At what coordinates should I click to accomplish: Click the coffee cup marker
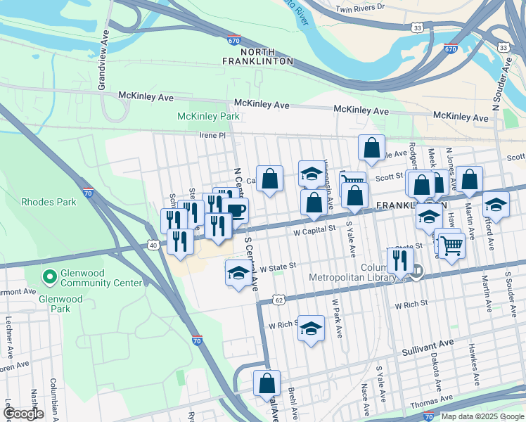(x=236, y=210)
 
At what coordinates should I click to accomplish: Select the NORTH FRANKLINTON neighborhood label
(x=267, y=57)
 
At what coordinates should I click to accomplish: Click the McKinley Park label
(x=208, y=116)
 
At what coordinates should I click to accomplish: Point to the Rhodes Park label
(x=48, y=202)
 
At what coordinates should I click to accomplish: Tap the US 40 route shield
(x=153, y=245)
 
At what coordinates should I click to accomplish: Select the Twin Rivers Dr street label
(x=361, y=8)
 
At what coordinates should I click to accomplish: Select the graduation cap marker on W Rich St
(x=311, y=328)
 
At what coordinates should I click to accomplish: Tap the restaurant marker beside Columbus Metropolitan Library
(x=399, y=260)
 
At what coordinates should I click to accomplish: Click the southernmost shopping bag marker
(x=267, y=383)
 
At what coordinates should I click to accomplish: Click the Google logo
(x=23, y=414)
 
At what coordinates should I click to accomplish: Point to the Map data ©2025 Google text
(x=482, y=416)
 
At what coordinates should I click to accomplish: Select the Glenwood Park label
(x=61, y=304)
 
